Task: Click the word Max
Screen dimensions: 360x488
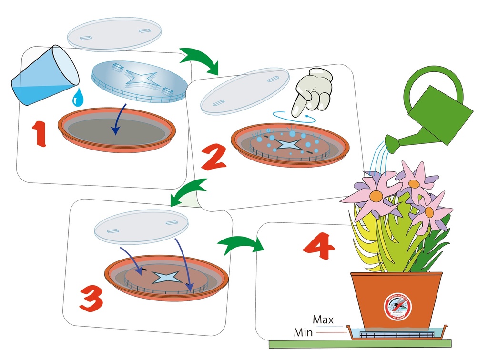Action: tap(323, 319)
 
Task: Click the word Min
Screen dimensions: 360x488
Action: tap(303, 332)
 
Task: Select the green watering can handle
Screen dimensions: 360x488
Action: tap(433, 79)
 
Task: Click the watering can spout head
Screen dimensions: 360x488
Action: tap(390, 144)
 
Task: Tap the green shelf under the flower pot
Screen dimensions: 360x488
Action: tap(360, 343)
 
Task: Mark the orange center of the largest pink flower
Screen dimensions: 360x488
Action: tap(376, 196)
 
